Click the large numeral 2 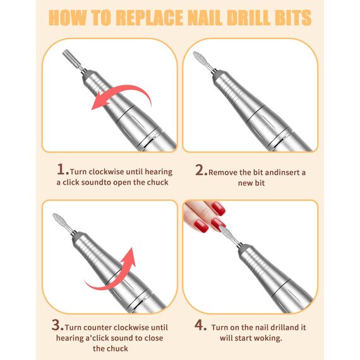(201, 170)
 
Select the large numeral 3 (57, 325)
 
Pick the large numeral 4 (200, 325)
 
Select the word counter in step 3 (98, 328)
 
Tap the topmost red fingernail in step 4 (219, 208)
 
